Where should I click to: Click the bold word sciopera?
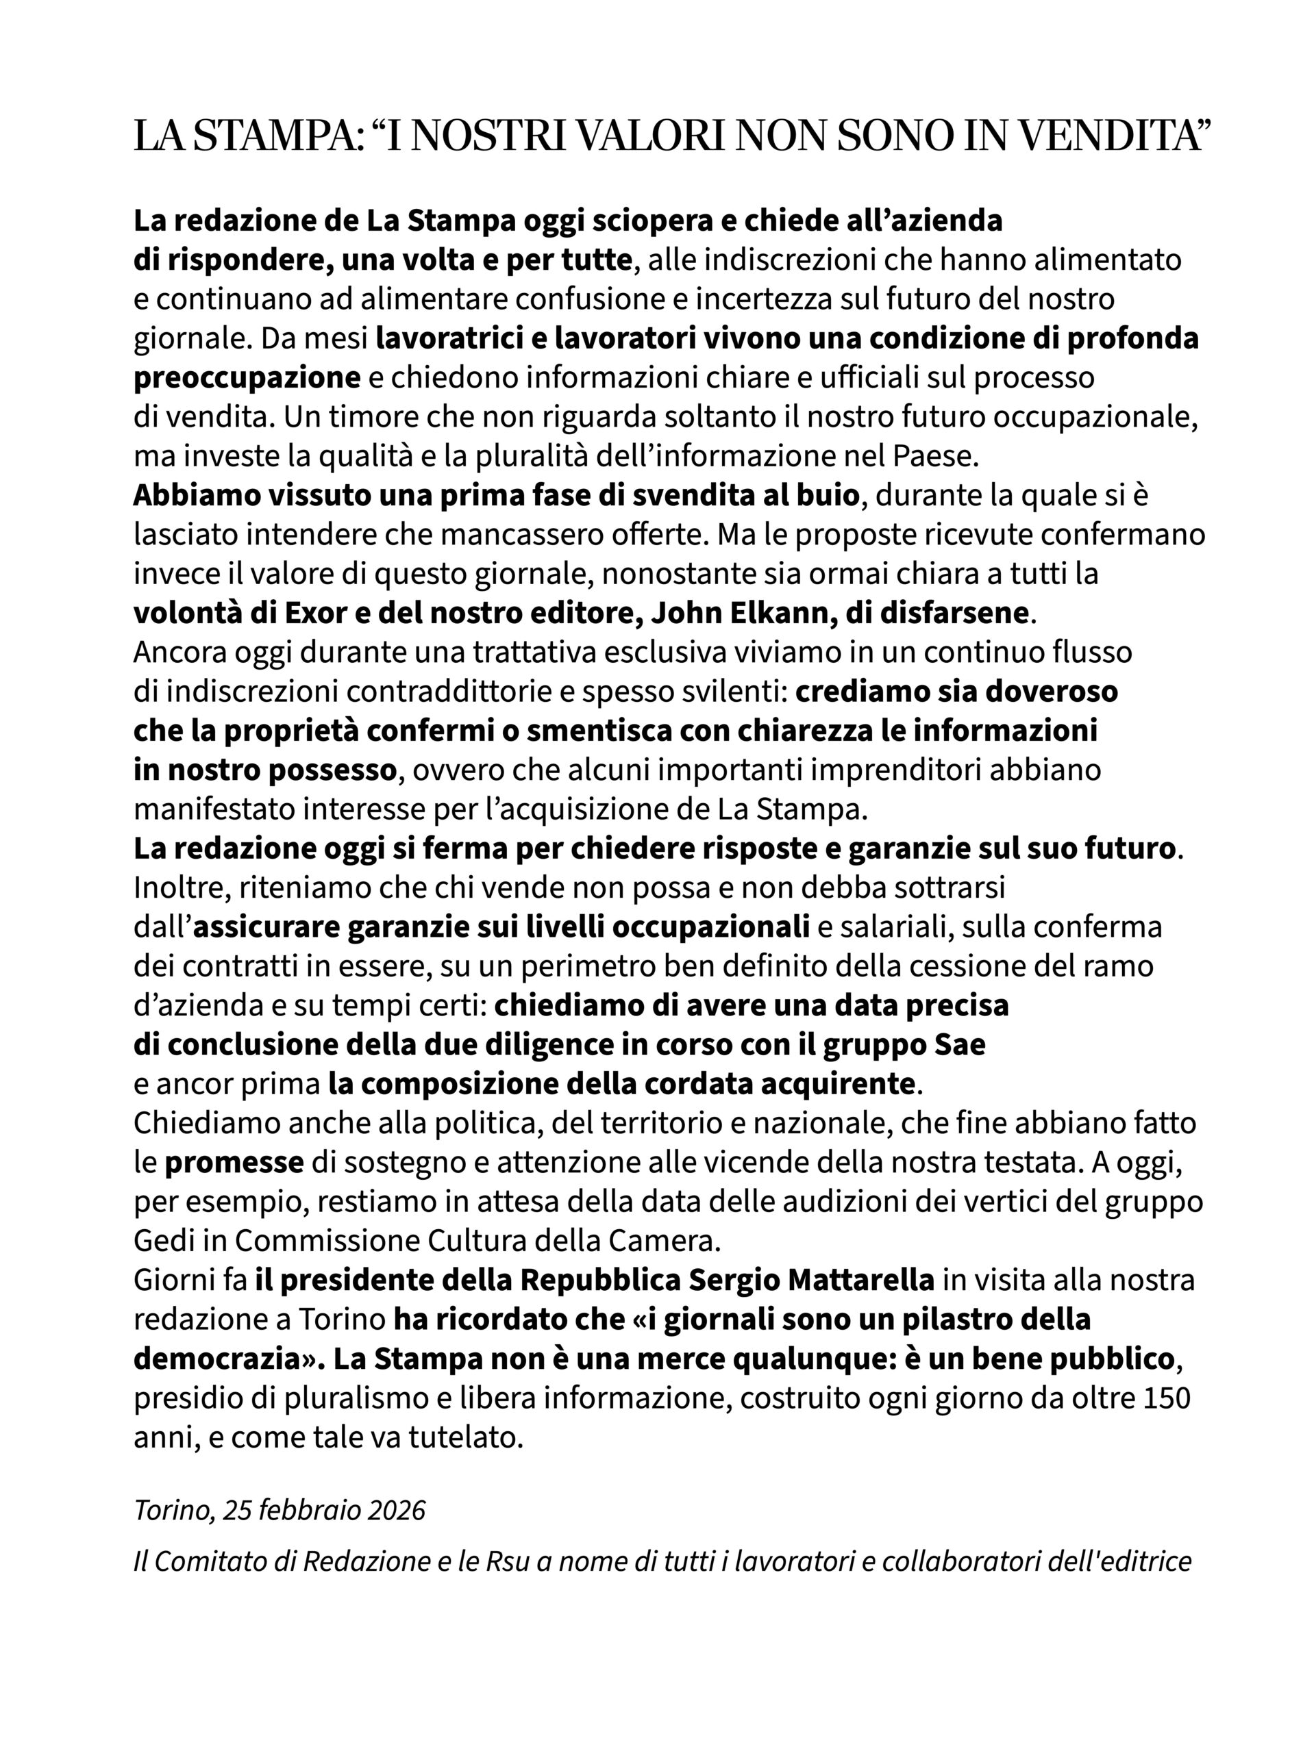click(x=649, y=221)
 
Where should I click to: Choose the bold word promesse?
click(x=234, y=1163)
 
